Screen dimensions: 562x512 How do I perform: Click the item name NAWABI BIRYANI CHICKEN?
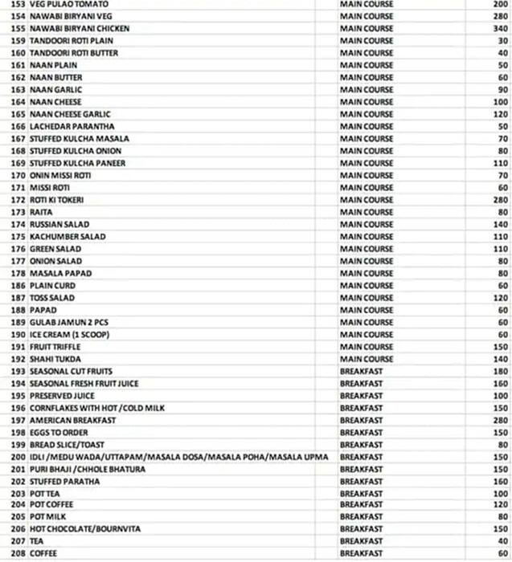coord(80,28)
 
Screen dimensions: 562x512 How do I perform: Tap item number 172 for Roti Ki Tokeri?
coord(17,200)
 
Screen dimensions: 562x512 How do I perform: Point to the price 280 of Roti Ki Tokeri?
coord(500,200)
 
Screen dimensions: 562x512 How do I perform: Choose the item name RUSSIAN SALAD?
coord(59,224)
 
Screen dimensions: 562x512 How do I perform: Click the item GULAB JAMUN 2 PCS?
coord(68,322)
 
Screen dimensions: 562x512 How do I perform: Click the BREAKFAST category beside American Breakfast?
coord(362,420)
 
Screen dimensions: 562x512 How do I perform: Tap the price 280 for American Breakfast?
coord(500,420)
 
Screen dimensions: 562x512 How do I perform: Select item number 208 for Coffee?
coord(17,554)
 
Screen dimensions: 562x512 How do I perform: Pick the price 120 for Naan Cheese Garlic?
coord(500,114)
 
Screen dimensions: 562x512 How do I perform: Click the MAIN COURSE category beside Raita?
coord(367,212)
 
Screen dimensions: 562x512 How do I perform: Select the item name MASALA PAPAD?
coord(60,273)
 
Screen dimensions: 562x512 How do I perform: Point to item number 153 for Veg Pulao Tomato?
coord(17,4)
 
